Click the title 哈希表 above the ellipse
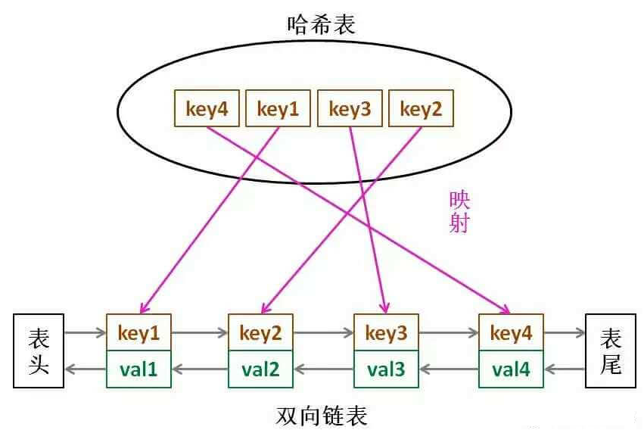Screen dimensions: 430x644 pyautogui.click(x=321, y=23)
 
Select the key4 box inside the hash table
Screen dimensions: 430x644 pyautogui.click(x=207, y=110)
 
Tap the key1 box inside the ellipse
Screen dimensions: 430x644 pyautogui.click(x=278, y=110)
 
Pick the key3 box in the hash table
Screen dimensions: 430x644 pyautogui.click(x=350, y=110)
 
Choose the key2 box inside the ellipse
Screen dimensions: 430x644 pyautogui.click(x=421, y=110)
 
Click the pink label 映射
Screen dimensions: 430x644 pyautogui.click(x=459, y=212)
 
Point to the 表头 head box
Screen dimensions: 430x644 pyautogui.click(x=39, y=351)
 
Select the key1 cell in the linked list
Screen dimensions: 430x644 pyautogui.click(x=139, y=332)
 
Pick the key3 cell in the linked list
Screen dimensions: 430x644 pyautogui.click(x=386, y=332)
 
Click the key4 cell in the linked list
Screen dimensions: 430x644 pyautogui.click(x=512, y=332)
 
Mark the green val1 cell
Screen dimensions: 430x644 pyautogui.click(x=139, y=369)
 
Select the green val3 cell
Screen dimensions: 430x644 pyautogui.click(x=386, y=369)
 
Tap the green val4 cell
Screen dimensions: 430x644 pyautogui.click(x=512, y=369)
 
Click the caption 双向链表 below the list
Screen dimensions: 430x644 pyautogui.click(x=322, y=416)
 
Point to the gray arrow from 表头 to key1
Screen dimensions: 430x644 pyautogui.click(x=85, y=332)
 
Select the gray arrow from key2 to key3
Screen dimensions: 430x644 pyautogui.click(x=323, y=332)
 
